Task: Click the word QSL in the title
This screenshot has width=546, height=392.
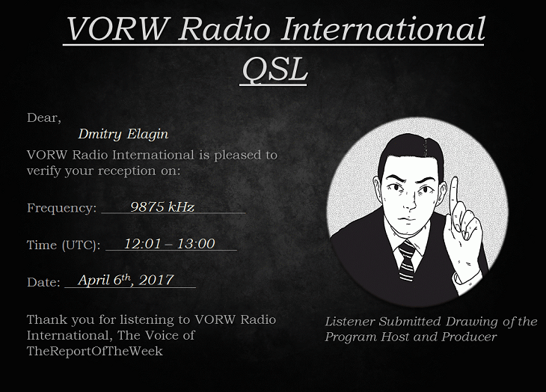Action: point(274,69)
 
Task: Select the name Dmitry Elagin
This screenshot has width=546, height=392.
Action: point(123,134)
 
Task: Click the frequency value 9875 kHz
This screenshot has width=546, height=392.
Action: point(162,206)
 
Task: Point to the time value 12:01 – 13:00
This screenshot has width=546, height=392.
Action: point(169,244)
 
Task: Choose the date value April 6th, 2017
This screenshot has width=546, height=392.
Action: point(126,280)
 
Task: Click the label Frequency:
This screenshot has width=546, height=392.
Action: point(61,208)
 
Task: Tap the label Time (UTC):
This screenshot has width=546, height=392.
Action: point(64,245)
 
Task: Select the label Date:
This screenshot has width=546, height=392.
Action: point(44,282)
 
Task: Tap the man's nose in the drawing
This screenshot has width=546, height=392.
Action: point(411,201)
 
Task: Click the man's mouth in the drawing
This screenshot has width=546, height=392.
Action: point(408,219)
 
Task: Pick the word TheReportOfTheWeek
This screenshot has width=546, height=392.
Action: point(95,351)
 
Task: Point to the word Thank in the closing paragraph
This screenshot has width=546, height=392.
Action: point(46,319)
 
